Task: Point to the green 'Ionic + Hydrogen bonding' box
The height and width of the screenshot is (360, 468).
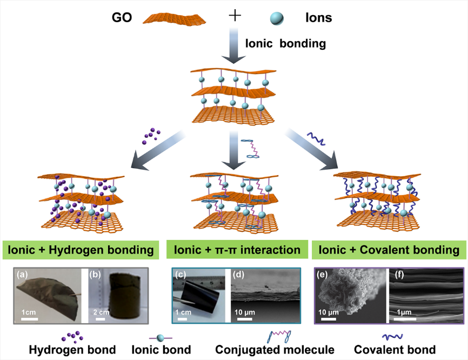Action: pyautogui.click(x=82, y=250)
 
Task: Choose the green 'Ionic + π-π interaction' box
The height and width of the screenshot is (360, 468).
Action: pyautogui.click(x=237, y=250)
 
